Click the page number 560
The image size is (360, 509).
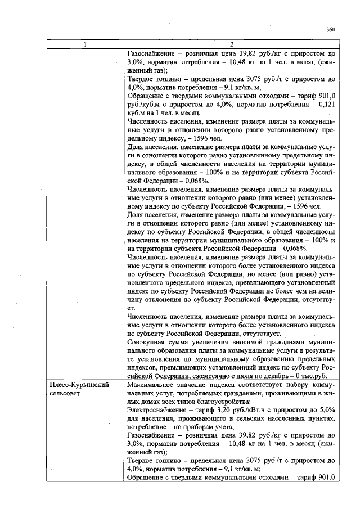[330, 30]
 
